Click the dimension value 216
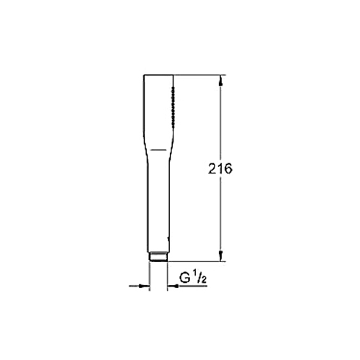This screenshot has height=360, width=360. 220,168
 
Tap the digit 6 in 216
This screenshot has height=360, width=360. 228,168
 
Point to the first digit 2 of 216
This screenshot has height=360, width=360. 212,168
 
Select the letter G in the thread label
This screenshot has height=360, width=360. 184,279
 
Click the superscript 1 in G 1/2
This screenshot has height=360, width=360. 194,276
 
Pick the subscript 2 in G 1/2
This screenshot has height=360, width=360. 204,281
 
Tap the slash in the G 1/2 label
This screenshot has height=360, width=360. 199,279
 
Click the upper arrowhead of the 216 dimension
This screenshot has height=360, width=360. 221,80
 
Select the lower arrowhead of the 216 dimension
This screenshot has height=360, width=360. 221,256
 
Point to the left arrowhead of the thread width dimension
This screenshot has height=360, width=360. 145,286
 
